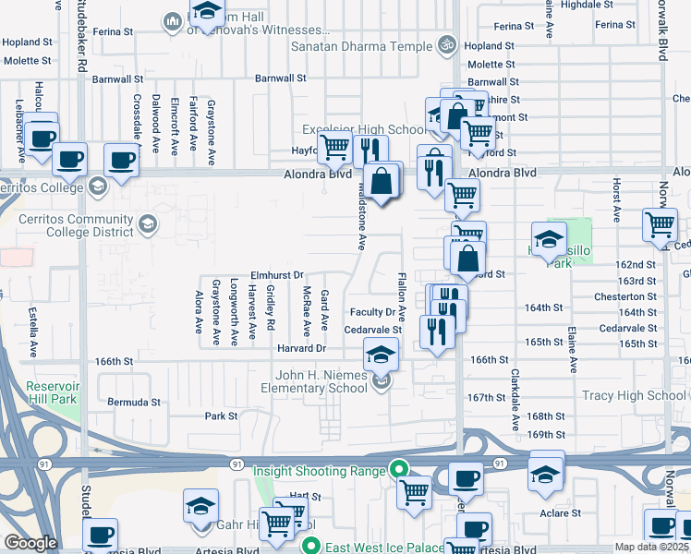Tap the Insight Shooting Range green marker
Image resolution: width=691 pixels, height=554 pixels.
pyautogui.click(x=399, y=469)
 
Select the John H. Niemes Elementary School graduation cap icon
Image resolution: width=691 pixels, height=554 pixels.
pyautogui.click(x=380, y=353)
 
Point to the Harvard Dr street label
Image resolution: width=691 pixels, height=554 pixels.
pyautogui.click(x=301, y=348)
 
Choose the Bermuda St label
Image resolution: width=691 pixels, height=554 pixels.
pyautogui.click(x=133, y=403)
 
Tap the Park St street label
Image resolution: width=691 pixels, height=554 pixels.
pyautogui.click(x=221, y=415)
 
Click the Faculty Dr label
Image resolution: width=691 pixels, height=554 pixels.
pyautogui.click(x=372, y=312)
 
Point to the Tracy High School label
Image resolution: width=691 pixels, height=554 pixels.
pyautogui.click(x=634, y=395)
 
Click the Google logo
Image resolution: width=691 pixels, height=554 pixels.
pyautogui.click(x=30, y=543)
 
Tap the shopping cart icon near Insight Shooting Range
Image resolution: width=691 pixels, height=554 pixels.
pyautogui.click(x=414, y=492)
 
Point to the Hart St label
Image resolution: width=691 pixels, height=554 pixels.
pyautogui.click(x=297, y=495)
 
